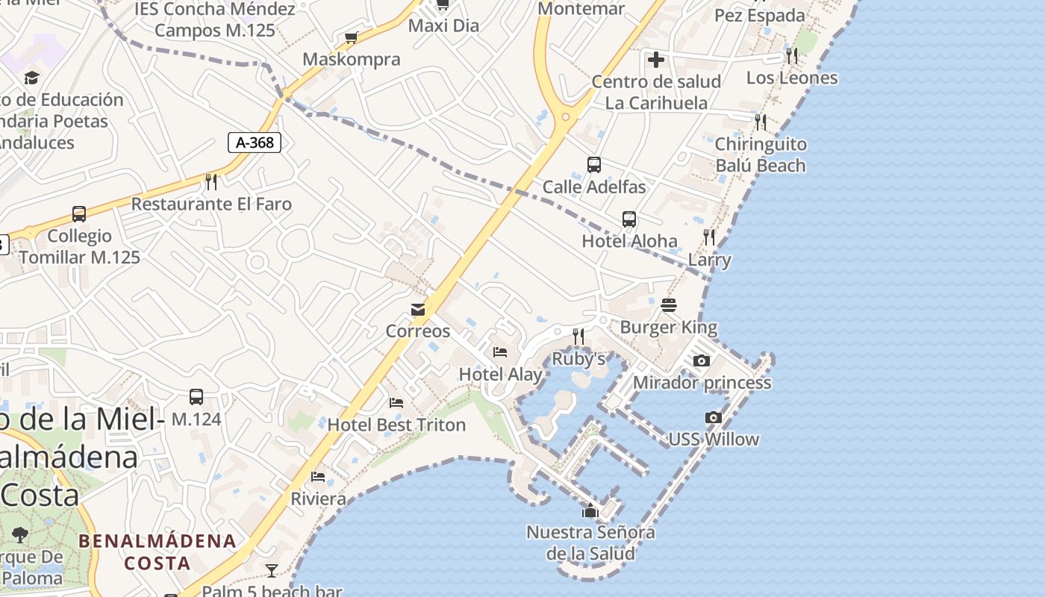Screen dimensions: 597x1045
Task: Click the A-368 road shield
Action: (255, 143)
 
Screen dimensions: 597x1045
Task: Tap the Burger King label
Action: (668, 327)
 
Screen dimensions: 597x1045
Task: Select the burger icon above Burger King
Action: (668, 305)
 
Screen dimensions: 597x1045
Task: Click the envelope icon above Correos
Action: (418, 310)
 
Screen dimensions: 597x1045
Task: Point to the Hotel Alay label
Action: (500, 374)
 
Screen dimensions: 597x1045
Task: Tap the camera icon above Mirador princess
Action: (701, 361)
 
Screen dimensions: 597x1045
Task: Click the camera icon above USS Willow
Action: (714, 418)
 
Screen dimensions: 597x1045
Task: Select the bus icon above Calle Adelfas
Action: (594, 165)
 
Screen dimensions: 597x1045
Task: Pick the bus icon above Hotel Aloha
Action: (629, 219)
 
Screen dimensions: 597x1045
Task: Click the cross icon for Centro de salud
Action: (656, 60)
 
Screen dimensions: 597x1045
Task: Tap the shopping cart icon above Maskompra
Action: (351, 37)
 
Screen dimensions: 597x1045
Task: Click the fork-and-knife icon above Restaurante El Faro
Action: (211, 182)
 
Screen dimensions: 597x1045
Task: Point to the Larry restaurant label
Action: (709, 260)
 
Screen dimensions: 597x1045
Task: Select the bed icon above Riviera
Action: (318, 477)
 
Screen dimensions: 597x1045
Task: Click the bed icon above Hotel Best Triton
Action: (396, 403)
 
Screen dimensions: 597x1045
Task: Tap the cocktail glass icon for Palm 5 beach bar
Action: (272, 571)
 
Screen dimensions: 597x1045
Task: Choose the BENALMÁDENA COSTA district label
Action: (157, 551)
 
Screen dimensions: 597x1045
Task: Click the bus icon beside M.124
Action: (196, 397)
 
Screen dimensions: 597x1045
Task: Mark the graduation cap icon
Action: (31, 78)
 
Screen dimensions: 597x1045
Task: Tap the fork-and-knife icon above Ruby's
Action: (578, 337)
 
